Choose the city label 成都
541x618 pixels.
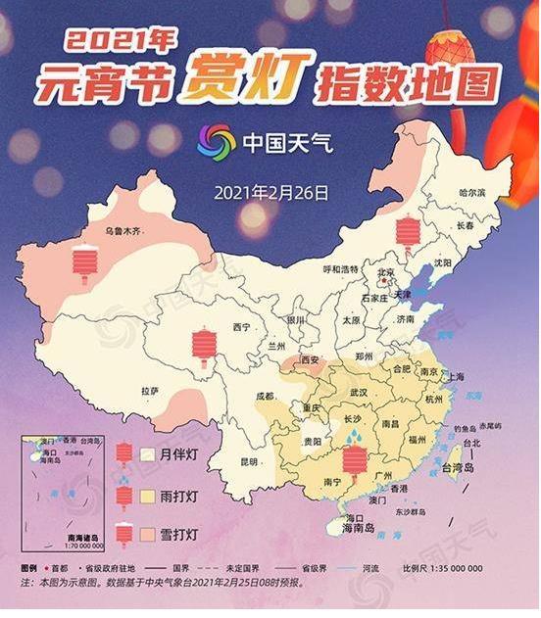(266, 397)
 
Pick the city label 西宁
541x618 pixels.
(244, 326)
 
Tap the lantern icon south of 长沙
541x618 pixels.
(354, 459)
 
